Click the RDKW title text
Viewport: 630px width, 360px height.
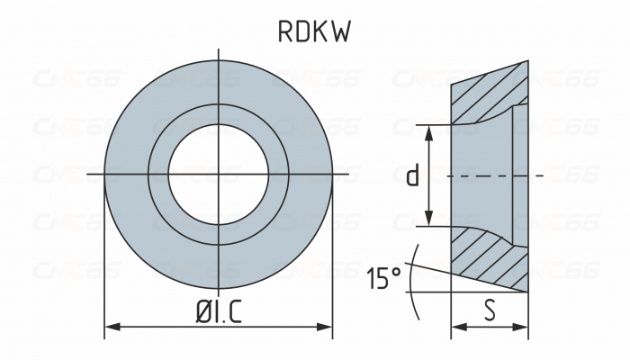click(314, 32)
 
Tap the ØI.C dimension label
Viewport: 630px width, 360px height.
click(220, 311)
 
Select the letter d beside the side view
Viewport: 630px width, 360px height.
click(412, 175)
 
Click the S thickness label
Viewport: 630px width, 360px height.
click(490, 310)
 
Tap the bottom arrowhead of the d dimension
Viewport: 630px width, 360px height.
click(430, 220)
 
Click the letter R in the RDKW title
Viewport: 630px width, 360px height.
click(284, 32)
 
